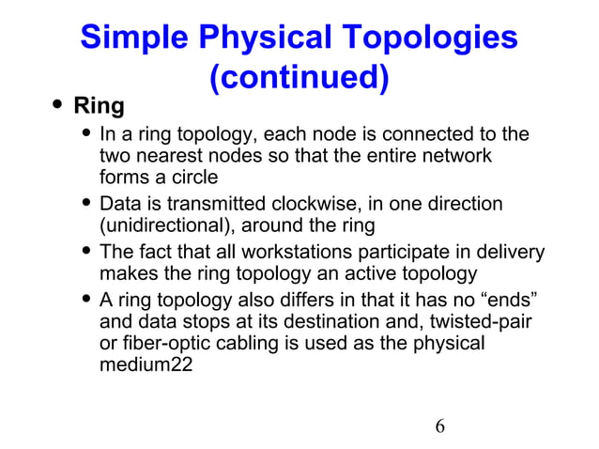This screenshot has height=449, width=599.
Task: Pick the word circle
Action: pyautogui.click(x=192, y=178)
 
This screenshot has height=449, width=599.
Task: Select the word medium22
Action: pyautogui.click(x=146, y=366)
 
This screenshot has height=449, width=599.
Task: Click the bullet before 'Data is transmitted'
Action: pyautogui.click(x=87, y=203)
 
